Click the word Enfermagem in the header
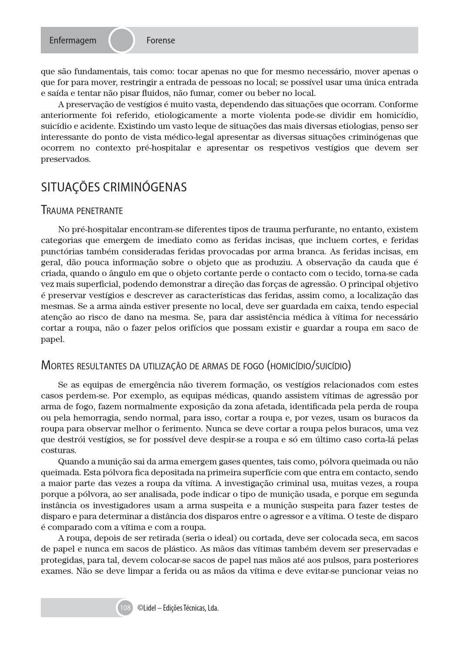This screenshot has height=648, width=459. [x=73, y=40]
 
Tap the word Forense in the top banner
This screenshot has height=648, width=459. [x=160, y=40]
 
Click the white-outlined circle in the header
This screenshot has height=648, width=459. [x=121, y=40]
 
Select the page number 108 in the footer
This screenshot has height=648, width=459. [x=125, y=608]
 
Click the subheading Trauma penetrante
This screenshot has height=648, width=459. [x=82, y=211]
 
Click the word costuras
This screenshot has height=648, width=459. [x=58, y=451]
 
